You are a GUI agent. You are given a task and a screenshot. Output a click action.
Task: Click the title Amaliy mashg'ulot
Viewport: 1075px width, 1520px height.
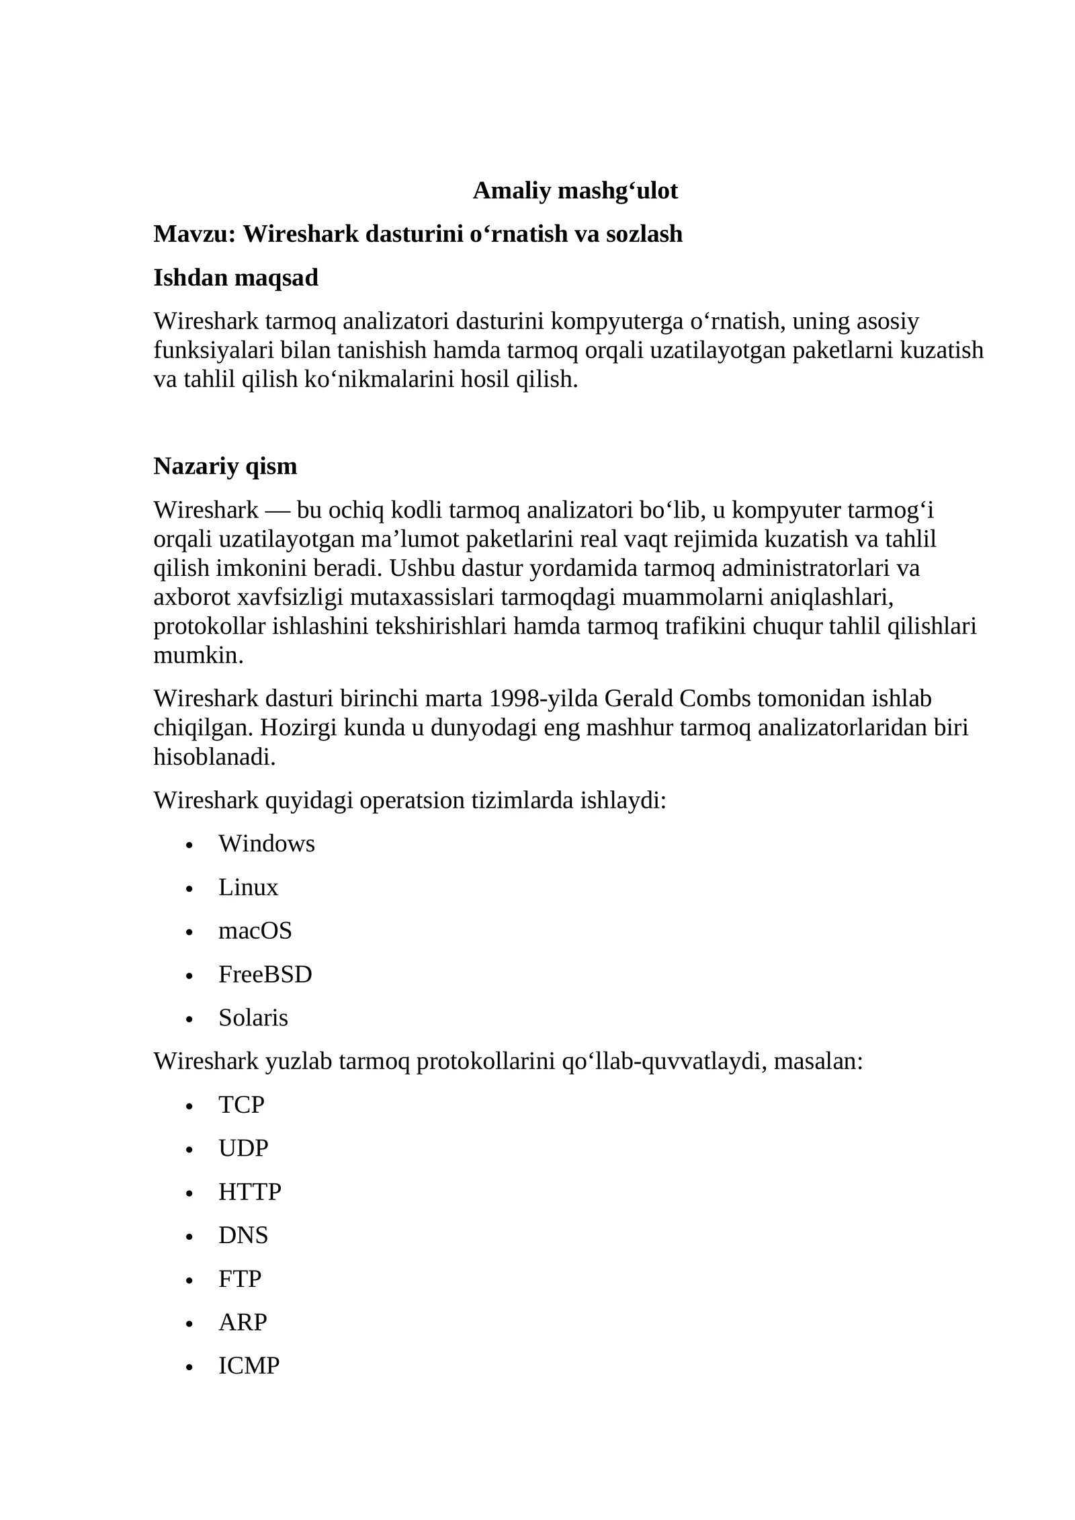click(575, 191)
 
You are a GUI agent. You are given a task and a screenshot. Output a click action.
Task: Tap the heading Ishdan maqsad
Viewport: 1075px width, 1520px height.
click(236, 278)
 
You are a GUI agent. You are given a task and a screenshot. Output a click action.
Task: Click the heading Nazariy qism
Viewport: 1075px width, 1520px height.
click(225, 466)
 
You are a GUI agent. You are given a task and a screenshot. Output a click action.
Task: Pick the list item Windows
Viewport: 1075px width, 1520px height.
click(266, 844)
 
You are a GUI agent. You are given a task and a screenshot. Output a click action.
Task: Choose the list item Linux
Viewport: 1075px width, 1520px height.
click(248, 888)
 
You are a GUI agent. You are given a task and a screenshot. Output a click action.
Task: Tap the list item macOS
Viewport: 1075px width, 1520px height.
click(255, 931)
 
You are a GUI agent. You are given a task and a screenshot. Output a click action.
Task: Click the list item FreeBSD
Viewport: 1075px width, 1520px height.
click(265, 974)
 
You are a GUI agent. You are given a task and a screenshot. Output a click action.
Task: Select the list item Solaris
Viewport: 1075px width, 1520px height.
click(253, 1018)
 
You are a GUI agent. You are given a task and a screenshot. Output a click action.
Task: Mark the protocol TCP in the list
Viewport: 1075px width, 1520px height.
click(241, 1105)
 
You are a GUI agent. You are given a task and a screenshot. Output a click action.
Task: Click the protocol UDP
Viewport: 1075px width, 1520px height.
click(243, 1148)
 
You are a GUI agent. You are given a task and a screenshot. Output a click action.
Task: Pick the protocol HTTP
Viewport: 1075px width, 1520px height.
click(249, 1192)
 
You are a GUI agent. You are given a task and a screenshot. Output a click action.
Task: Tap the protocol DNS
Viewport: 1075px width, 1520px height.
click(243, 1235)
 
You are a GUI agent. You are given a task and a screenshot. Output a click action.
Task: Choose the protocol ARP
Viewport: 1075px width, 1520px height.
click(243, 1322)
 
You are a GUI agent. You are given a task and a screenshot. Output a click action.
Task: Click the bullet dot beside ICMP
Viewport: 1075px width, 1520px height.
click(189, 1367)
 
